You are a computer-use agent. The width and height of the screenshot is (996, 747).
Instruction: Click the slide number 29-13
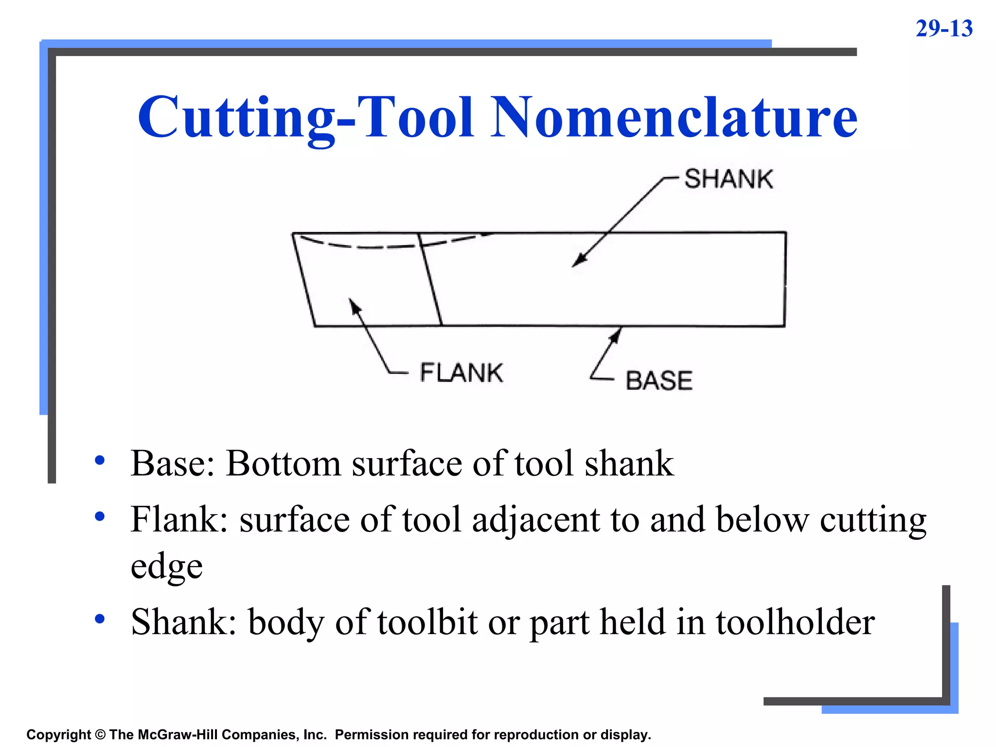pos(943,29)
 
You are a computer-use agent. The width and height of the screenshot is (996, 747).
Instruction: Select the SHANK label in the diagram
pos(728,179)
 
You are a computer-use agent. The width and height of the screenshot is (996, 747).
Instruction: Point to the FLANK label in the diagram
pos(461,373)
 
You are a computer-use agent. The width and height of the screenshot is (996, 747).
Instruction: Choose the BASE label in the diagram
pos(659,380)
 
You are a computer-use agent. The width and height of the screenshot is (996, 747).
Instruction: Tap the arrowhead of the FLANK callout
pos(354,304)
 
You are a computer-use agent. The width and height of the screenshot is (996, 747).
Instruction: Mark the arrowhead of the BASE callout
pos(618,333)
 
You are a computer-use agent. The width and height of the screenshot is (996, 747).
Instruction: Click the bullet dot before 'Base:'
pos(100,460)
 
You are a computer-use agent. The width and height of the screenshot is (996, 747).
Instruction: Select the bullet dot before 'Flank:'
pos(100,516)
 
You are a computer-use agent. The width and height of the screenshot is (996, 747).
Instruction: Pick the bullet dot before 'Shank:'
pos(100,619)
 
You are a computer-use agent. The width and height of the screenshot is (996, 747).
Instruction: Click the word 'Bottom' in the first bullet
pos(283,463)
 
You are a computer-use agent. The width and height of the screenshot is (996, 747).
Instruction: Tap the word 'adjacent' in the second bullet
pos(535,520)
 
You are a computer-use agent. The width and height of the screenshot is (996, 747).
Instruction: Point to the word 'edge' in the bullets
pos(166,567)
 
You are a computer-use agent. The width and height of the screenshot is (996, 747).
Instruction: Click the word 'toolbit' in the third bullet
pos(427,622)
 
